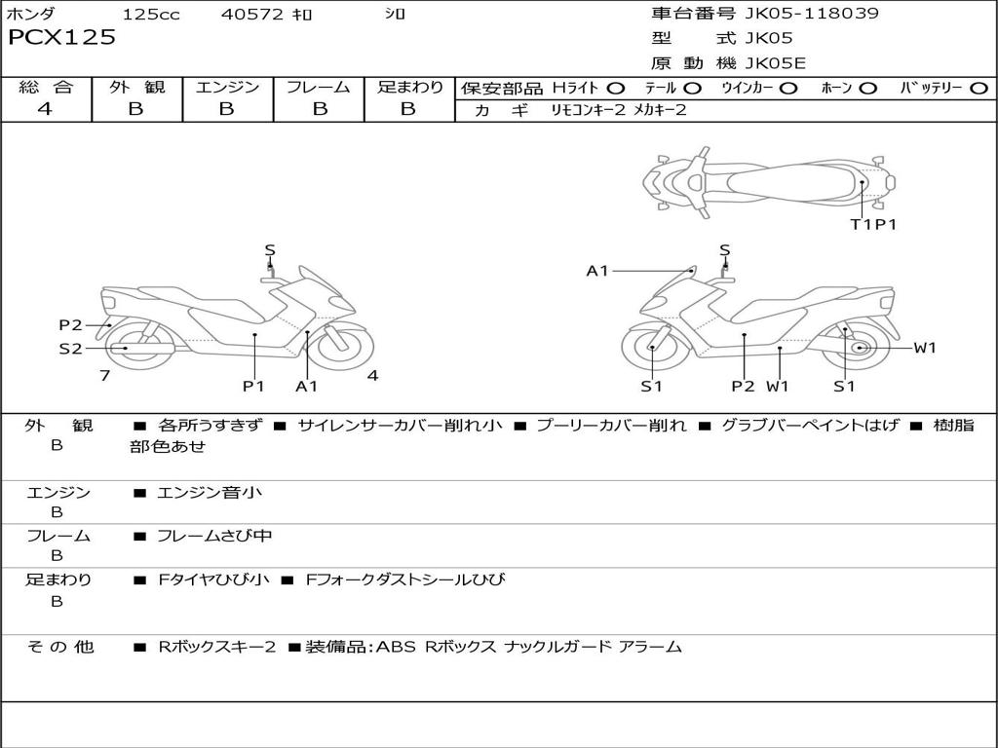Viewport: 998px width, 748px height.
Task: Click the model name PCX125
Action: (61, 38)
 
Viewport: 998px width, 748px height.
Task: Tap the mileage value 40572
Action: (251, 15)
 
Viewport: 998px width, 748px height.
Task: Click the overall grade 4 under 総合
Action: (45, 109)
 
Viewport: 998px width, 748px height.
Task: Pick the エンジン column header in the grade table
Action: (227, 88)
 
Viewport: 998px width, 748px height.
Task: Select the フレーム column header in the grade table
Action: (318, 88)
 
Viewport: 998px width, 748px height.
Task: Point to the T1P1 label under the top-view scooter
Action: (872, 225)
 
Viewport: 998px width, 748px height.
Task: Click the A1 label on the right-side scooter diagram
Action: (597, 271)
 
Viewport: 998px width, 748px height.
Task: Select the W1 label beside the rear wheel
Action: (924, 348)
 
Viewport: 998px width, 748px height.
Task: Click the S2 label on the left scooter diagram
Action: (70, 349)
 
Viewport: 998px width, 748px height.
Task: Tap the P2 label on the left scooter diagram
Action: (70, 325)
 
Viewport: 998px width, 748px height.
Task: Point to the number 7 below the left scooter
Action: (104, 375)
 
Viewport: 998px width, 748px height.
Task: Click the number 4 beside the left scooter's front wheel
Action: (372, 376)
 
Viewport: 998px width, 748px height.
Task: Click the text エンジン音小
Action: (210, 493)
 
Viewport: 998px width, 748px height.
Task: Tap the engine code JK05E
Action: (775, 63)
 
